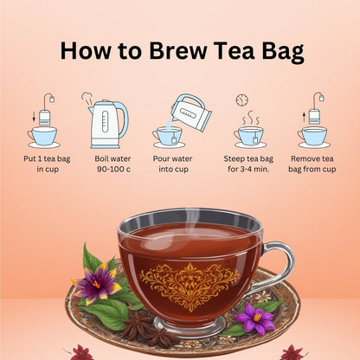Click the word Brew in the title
pos(177,50)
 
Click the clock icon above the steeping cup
pos(242,100)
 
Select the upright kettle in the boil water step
pos(108,124)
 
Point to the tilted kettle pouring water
pos(191,112)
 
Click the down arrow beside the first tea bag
pos(34,117)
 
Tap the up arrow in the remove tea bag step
pos(304,117)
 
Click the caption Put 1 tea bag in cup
pos(47,164)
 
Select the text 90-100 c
pos(113,169)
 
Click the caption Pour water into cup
pos(173,164)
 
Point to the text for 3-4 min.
pos(248,169)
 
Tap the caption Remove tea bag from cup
pos(312,164)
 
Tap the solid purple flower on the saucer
pos(256,318)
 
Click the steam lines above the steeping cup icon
pos(250,118)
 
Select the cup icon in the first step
pos(43,137)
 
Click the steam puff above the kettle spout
pos(87,98)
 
